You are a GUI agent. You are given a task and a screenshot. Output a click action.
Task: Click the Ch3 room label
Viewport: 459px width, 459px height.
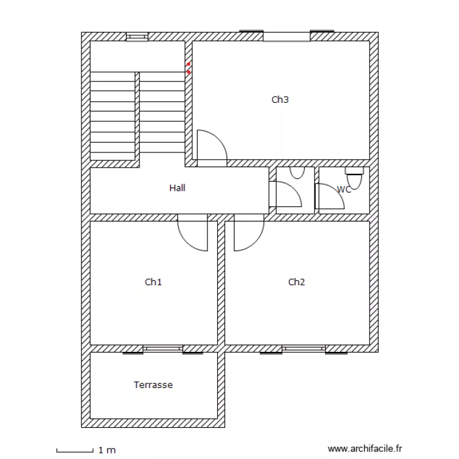280,100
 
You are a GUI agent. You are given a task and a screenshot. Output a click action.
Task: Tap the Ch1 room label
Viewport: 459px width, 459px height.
153,282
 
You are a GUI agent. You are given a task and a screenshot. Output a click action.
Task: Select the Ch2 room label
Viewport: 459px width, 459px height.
296,282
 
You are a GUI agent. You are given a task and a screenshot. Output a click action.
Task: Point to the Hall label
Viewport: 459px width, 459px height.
177,188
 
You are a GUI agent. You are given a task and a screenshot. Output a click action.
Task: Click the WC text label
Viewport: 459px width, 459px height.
345,190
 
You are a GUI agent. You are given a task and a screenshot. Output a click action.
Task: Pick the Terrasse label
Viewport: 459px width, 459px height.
153,385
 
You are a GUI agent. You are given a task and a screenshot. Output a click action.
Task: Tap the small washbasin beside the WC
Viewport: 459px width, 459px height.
297,172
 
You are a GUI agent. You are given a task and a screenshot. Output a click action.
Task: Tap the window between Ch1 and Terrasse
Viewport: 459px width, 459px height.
163,349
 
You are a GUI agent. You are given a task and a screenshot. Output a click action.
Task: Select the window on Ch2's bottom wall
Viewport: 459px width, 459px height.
304,349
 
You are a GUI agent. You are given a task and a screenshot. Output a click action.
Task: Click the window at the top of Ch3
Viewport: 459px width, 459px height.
286,36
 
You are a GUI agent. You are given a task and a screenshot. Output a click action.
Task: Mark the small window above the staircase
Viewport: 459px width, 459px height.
137,37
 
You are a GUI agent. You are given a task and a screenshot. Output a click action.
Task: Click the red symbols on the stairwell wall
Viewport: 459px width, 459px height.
188,68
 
